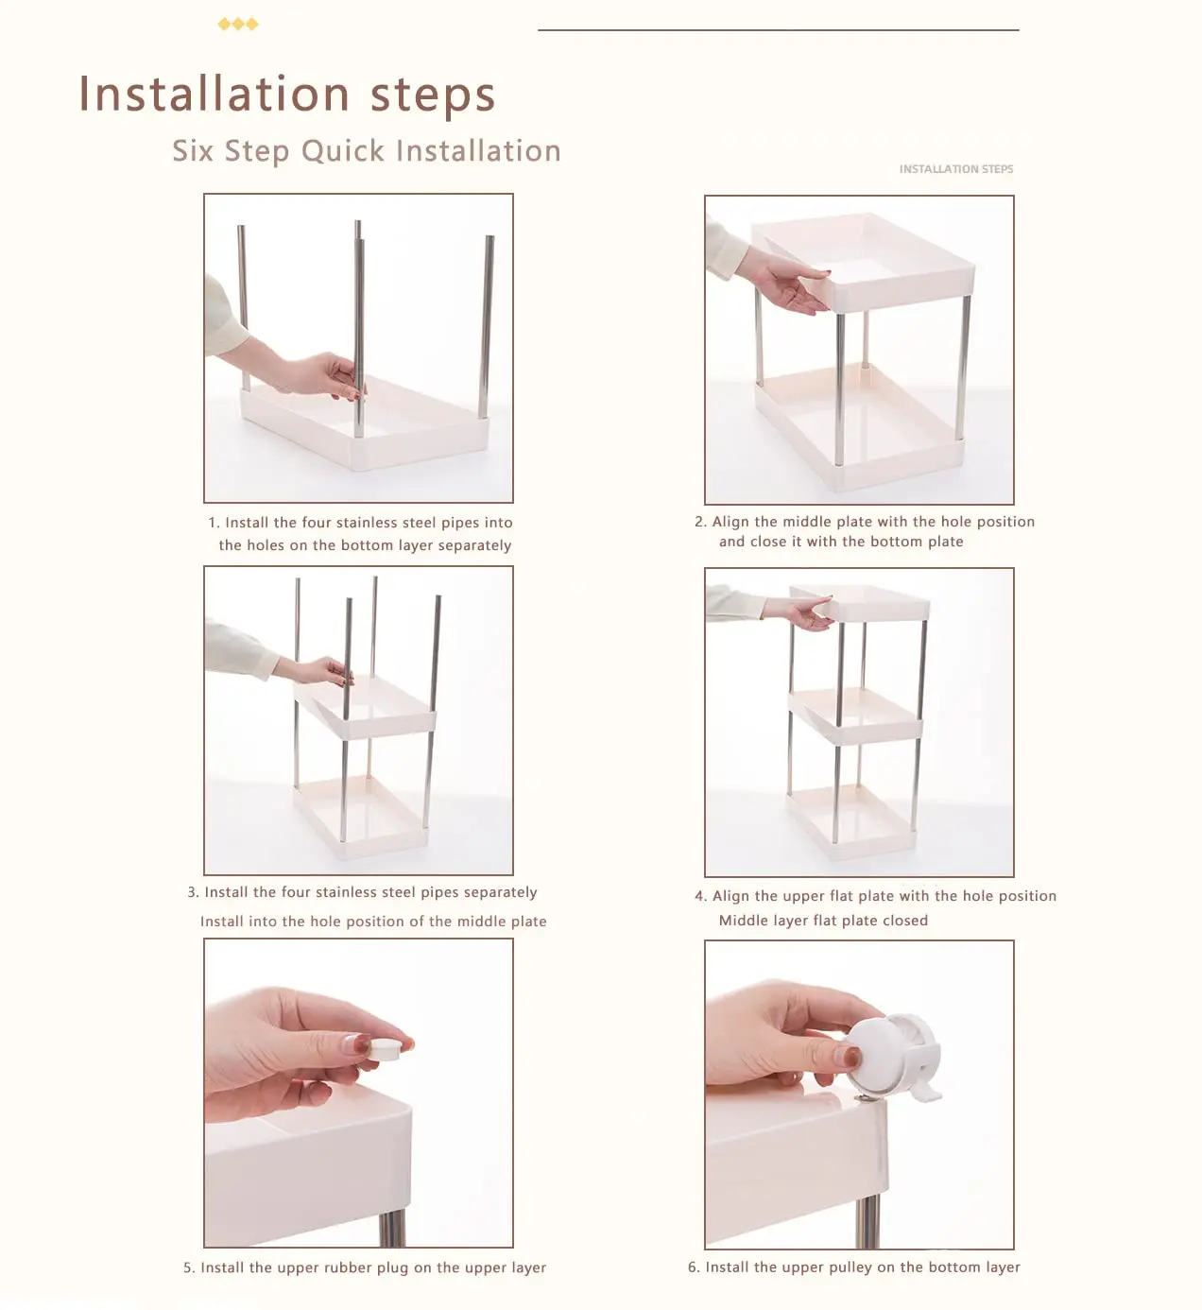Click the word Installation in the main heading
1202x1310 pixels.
[215, 94]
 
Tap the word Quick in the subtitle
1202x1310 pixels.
[343, 151]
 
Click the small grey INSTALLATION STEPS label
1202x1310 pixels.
[956, 169]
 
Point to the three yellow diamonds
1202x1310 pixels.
[237, 25]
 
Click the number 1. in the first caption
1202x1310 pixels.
[214, 523]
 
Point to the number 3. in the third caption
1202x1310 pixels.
[193, 892]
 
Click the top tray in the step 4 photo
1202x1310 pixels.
[859, 603]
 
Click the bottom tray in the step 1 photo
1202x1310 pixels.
[365, 424]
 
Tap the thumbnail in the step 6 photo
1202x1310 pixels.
[851, 1057]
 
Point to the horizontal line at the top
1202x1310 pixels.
[778, 29]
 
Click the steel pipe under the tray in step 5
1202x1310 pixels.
[393, 1229]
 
